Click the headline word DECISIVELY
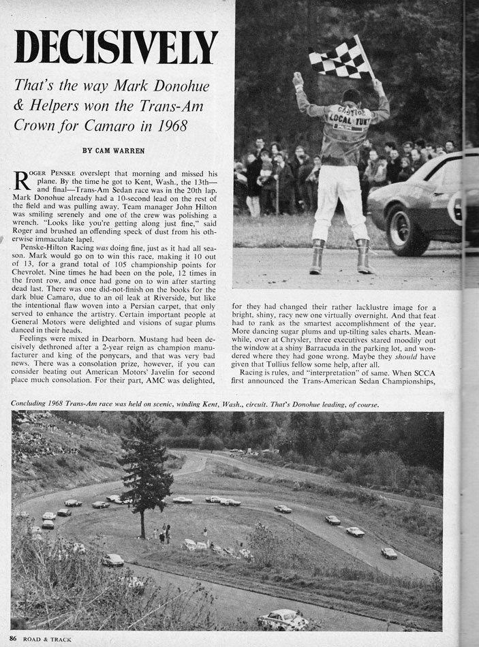point(116,47)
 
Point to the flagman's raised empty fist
point(298,80)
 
